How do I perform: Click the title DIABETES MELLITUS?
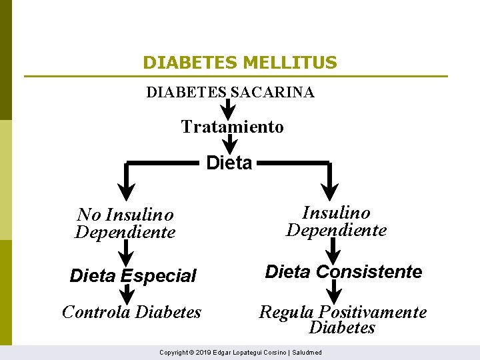point(240,63)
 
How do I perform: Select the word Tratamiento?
point(232,127)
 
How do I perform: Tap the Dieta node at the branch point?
point(229,163)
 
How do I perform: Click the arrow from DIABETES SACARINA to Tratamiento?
point(228,107)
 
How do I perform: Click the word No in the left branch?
point(89,215)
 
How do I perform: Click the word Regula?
point(287,312)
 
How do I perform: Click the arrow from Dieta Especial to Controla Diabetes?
point(127,295)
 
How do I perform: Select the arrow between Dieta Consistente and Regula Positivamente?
point(335,291)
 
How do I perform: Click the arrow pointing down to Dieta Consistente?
point(334,251)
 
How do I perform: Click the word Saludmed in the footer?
point(307,352)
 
